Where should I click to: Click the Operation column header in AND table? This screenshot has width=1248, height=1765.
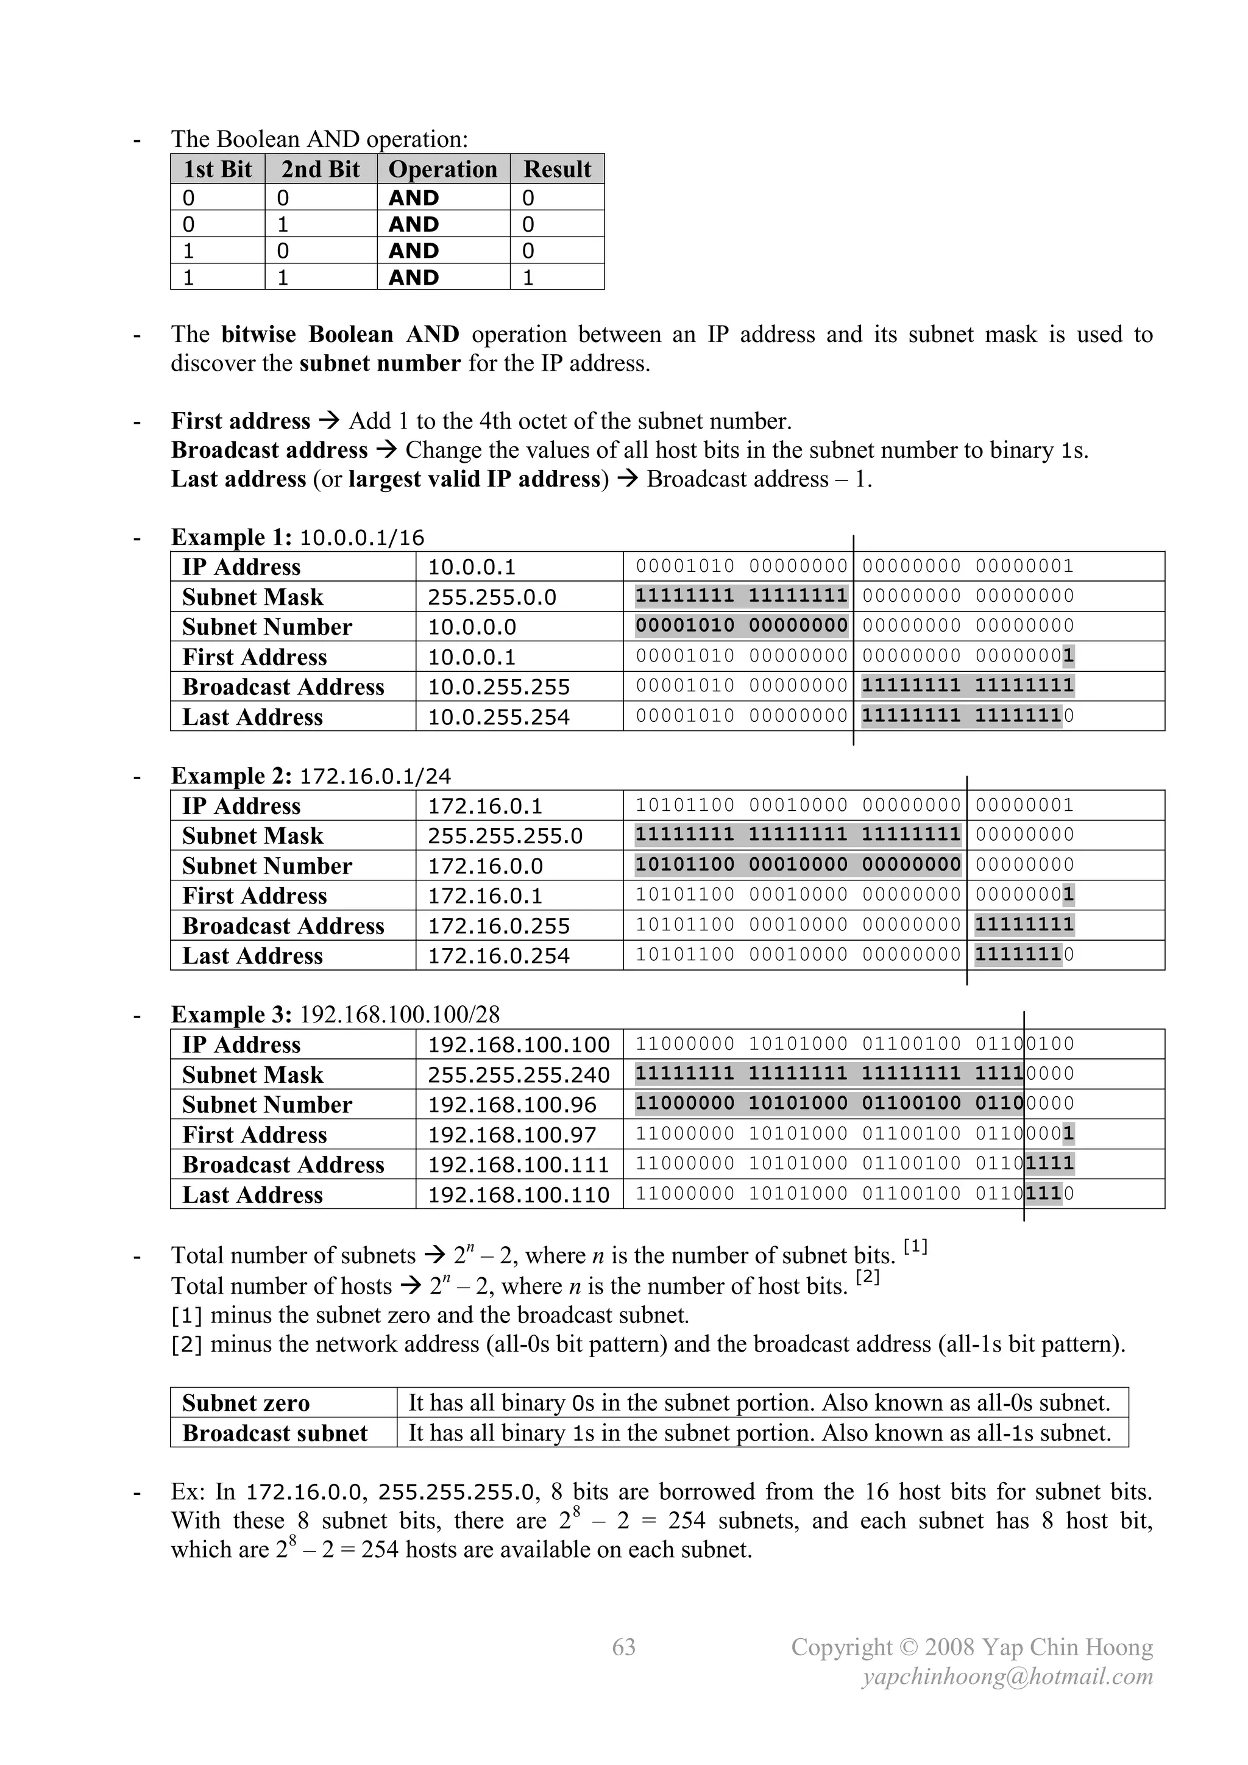(442, 169)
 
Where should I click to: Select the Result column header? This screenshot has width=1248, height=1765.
(557, 169)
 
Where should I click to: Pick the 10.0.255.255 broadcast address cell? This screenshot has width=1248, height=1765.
(498, 687)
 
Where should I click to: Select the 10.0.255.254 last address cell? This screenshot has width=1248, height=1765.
(498, 717)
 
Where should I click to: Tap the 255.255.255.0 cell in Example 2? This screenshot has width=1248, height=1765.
(505, 836)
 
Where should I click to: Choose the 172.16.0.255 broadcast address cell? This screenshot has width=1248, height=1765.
(498, 925)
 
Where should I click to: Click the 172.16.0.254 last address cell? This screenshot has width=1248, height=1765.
(498, 955)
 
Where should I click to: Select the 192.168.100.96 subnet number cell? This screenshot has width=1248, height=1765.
(512, 1105)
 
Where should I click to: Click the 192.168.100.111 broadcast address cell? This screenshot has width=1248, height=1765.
(519, 1164)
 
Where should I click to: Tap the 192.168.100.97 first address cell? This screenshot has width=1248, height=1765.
(512, 1135)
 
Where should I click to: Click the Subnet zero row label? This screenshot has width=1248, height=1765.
(246, 1403)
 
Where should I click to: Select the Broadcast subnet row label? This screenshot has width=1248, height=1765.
(275, 1433)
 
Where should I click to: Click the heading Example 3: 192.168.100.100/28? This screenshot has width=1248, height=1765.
(335, 1014)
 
